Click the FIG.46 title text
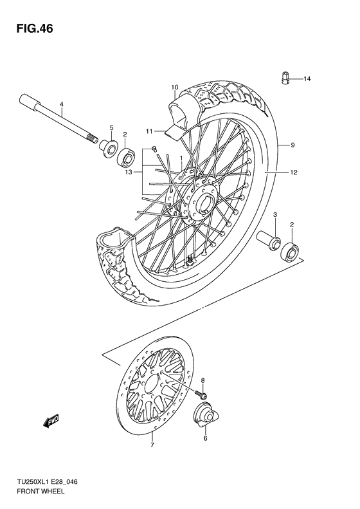tap(30, 29)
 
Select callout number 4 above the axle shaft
tap(62, 104)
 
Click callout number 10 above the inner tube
tap(174, 87)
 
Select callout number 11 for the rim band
tap(148, 131)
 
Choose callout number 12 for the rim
tap(292, 172)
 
